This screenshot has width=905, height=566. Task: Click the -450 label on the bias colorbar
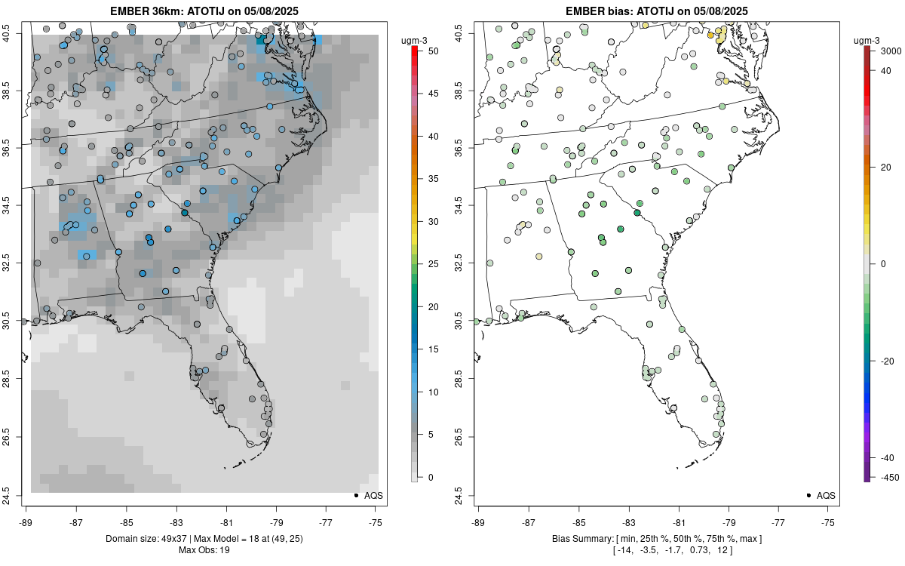click(884, 477)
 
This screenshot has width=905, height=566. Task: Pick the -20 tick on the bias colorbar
click(884, 361)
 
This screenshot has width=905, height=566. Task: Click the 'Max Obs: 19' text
click(204, 550)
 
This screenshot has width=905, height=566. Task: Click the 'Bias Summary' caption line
click(656, 539)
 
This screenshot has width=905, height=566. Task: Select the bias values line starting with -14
click(656, 550)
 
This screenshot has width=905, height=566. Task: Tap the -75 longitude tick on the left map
click(376, 521)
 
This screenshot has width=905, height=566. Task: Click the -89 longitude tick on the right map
click(478, 521)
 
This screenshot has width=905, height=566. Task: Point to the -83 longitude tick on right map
click(628, 521)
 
